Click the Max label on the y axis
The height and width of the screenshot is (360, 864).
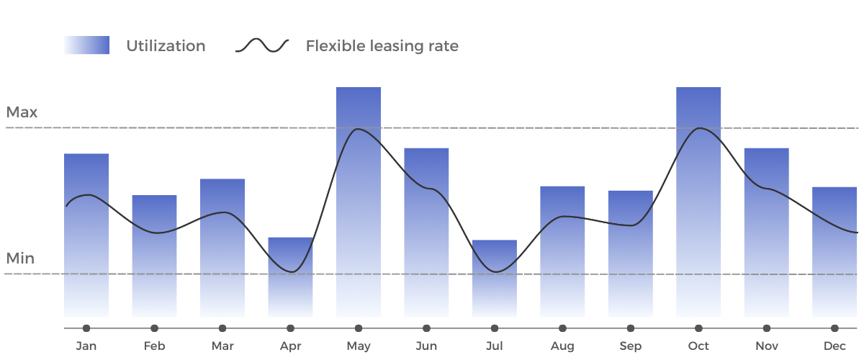22,114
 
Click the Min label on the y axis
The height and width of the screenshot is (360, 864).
20,263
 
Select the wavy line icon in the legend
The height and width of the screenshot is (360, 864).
264,47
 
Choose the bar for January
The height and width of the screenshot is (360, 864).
86,238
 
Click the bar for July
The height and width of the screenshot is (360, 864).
494,281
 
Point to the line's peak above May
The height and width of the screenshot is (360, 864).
358,130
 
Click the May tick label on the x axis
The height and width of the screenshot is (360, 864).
358,348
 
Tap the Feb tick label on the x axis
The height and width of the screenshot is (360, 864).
154,348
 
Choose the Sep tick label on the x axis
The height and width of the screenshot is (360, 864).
630,348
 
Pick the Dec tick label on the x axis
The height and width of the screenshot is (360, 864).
834,348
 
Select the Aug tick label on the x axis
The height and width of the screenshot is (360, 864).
562,348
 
